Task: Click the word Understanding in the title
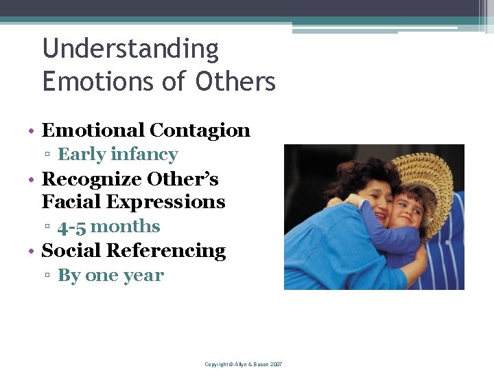click(x=130, y=49)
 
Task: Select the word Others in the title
click(x=235, y=82)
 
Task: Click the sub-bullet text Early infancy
click(x=117, y=155)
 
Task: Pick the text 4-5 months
click(x=108, y=227)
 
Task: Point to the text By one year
click(x=110, y=276)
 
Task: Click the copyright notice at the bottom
click(x=244, y=363)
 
